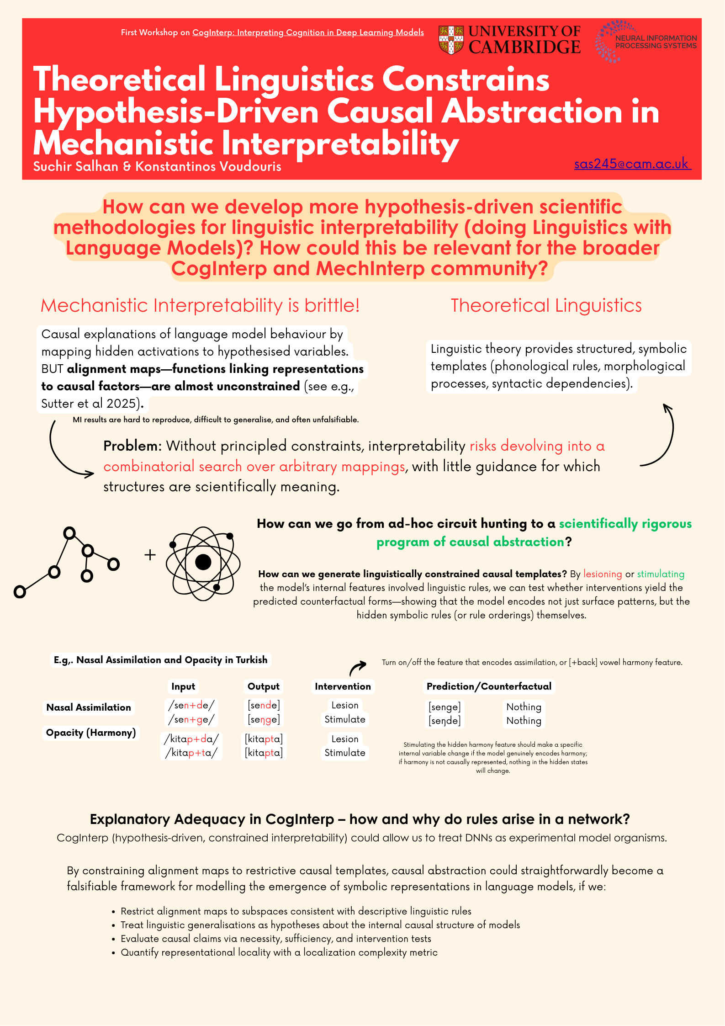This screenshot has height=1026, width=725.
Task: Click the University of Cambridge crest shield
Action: pyautogui.click(x=451, y=40)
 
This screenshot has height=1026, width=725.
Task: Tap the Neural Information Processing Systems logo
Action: pyautogui.click(x=646, y=41)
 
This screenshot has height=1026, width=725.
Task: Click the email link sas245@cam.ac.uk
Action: pyautogui.click(x=632, y=164)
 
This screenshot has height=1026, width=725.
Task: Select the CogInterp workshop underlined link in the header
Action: pyautogui.click(x=308, y=32)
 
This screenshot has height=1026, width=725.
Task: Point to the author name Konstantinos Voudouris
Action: pyautogui.click(x=208, y=166)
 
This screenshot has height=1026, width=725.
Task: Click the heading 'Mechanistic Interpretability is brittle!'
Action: pyautogui.click(x=200, y=305)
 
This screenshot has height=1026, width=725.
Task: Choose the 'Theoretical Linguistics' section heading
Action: pyautogui.click(x=546, y=305)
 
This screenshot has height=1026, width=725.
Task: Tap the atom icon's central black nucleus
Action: pyautogui.click(x=203, y=562)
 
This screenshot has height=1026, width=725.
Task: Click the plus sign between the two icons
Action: pyautogui.click(x=150, y=555)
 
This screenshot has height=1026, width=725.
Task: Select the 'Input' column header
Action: pyautogui.click(x=183, y=686)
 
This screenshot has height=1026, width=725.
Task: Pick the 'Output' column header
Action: pyautogui.click(x=264, y=686)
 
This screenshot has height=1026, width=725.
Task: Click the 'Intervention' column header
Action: pyautogui.click(x=343, y=686)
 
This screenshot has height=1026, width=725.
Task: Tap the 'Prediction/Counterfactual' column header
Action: pyautogui.click(x=489, y=686)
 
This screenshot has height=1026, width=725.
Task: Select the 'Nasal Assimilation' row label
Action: pyautogui.click(x=89, y=707)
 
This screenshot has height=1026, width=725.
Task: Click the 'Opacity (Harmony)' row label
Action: pyautogui.click(x=91, y=733)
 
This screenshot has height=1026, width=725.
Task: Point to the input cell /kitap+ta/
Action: pyautogui.click(x=191, y=753)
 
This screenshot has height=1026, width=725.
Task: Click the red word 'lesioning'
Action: pyautogui.click(x=603, y=574)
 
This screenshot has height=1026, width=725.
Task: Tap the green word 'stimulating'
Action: pyautogui.click(x=661, y=574)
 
